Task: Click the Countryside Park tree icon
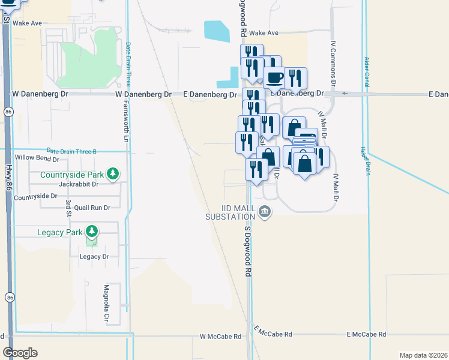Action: click(x=112, y=175)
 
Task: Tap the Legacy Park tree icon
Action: click(x=91, y=231)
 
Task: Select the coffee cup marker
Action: click(x=275, y=77)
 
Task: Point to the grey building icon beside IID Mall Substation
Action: click(x=265, y=211)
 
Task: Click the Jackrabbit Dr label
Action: click(x=78, y=184)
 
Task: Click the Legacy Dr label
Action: click(x=94, y=256)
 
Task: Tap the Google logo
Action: click(x=20, y=353)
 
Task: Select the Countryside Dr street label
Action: click(x=35, y=196)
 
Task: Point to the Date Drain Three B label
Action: click(x=71, y=151)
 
